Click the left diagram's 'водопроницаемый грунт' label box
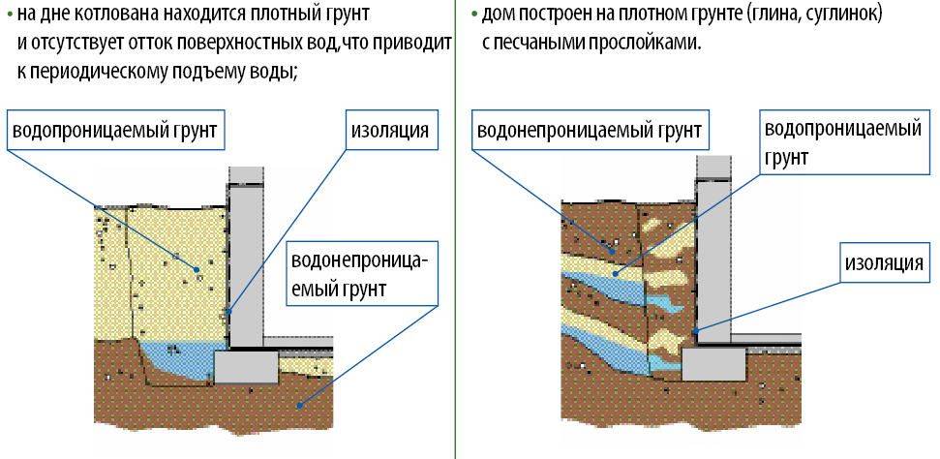tap(116, 130)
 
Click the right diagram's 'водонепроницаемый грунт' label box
tap(591, 130)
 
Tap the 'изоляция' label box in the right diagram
tap(882, 262)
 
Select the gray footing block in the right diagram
tap(713, 365)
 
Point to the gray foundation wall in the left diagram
tap(247, 261)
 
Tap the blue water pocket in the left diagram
tap(179, 360)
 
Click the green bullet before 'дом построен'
tap(472, 16)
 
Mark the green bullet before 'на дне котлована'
tap(9, 16)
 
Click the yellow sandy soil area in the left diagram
tap(155, 271)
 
